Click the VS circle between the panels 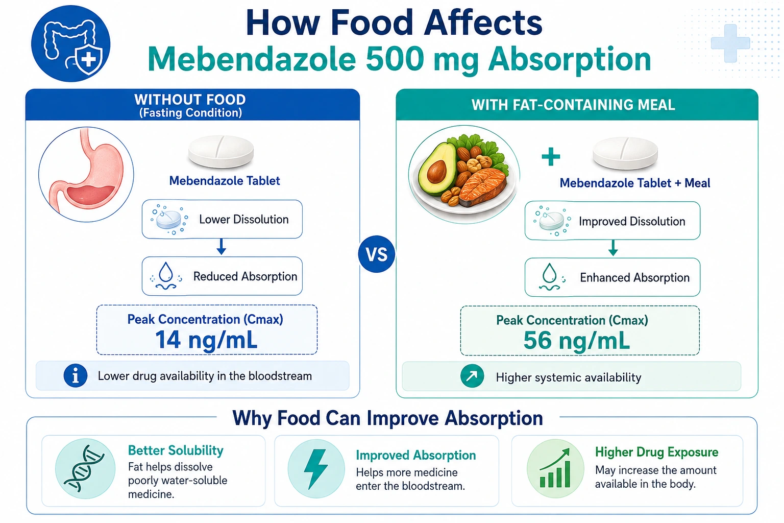(376, 254)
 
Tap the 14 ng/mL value (206, 340)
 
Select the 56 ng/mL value (576, 341)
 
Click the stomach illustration (86, 174)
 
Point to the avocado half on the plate (437, 168)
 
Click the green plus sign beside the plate (551, 156)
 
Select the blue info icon (75, 376)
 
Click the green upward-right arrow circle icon (472, 376)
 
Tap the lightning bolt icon (316, 469)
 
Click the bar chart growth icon (555, 468)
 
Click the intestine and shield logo (71, 43)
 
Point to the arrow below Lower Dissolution (221, 247)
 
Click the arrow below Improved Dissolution (613, 248)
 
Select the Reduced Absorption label (245, 276)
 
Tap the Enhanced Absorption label (634, 277)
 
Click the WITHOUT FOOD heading (190, 100)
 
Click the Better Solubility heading (176, 450)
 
